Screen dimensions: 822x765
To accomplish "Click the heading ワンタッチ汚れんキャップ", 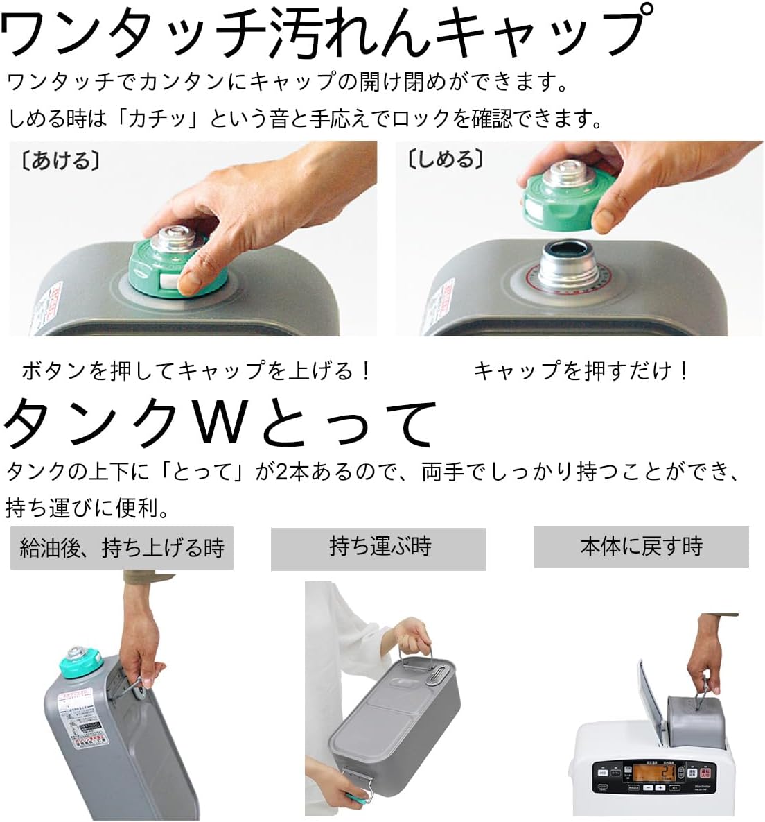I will pos(326,31).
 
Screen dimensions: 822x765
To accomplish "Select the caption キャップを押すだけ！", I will pos(582,371).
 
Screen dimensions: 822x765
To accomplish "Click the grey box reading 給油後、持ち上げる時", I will pos(122,549).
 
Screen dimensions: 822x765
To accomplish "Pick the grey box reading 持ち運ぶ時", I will pos(378,547).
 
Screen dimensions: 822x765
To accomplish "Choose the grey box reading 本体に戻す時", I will pos(641,546).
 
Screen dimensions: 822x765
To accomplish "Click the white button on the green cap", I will pos(169,280).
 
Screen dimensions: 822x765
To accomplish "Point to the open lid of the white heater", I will pos(650,694).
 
